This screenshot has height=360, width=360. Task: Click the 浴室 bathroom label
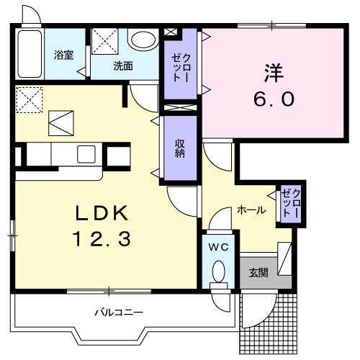click(64, 55)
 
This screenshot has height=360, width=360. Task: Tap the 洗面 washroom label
click(122, 66)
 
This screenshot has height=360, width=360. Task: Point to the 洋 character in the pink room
click(273, 73)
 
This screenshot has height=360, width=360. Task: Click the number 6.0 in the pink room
click(273, 99)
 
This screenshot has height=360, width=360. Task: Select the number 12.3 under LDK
click(101, 239)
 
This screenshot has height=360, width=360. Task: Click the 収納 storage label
click(179, 147)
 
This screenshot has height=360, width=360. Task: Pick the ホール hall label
click(251, 210)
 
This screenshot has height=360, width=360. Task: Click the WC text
click(219, 247)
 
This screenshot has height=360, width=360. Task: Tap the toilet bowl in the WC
click(220, 271)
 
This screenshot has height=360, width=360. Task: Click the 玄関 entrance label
click(258, 272)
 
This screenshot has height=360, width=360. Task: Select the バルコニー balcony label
click(118, 313)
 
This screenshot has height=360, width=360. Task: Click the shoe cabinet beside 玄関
click(285, 258)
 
